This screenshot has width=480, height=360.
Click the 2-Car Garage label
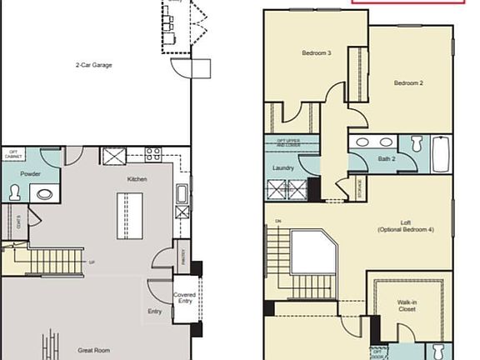[x=93, y=64]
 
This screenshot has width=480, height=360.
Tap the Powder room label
[x=19, y=173]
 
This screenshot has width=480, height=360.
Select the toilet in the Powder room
[x=14, y=192]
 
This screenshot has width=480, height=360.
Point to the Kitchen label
[x=137, y=179]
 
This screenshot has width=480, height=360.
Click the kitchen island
[x=129, y=216]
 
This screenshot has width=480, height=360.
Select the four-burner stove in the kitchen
[x=153, y=154]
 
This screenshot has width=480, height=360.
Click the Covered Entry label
[x=184, y=298]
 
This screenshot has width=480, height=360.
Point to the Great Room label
[x=95, y=351]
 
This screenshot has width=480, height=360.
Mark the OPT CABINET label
[x=13, y=154]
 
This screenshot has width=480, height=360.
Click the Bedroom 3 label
[x=317, y=53]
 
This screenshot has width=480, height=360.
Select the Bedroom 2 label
[x=409, y=82]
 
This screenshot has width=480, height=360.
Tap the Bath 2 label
[x=386, y=157]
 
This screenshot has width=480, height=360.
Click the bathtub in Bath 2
[x=440, y=154]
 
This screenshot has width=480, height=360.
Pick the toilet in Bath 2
[x=417, y=142]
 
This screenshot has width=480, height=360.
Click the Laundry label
[x=282, y=167]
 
